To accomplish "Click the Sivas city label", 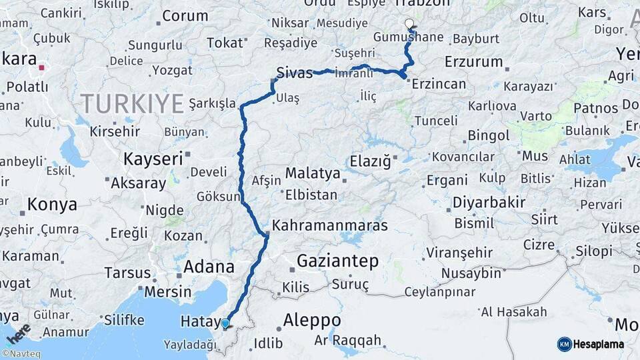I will coord(295,73).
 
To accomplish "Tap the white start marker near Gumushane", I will coord(409,24).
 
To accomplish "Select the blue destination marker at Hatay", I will coord(225,324).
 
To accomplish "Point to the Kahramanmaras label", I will coord(329,225).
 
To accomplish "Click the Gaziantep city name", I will coord(337,261).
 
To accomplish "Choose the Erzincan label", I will coord(439,84).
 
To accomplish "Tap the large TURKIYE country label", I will coord(132,103).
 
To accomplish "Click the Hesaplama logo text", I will coord(599,344).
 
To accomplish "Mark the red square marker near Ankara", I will coord(42,67).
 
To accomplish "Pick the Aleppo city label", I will coord(312,321).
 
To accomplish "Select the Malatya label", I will coord(313,173).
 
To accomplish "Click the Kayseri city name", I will coord(153,159).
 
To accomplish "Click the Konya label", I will coord(52,205).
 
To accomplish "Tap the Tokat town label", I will coord(225,43).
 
